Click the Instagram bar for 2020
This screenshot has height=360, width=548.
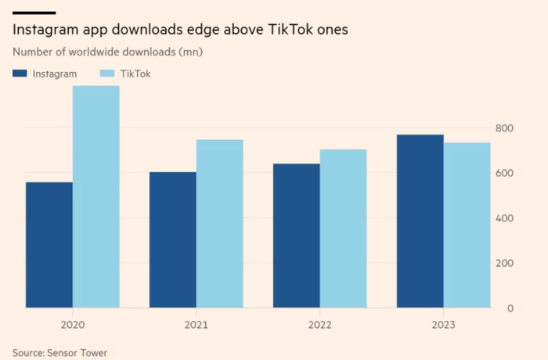(49, 245)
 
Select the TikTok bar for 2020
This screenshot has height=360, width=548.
(96, 196)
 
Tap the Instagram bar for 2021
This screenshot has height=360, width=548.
(173, 239)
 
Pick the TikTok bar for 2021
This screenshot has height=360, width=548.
(219, 224)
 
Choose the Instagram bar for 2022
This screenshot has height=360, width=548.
(297, 236)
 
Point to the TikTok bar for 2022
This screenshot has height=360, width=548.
(343, 229)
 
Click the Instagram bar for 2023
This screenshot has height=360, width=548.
(420, 221)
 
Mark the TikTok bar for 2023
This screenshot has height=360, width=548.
(467, 225)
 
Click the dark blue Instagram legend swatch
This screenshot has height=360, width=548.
(20, 74)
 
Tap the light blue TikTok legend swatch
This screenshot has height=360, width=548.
(108, 74)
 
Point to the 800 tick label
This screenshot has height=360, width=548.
(505, 128)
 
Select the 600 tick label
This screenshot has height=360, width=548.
(505, 173)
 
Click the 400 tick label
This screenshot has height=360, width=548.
(505, 218)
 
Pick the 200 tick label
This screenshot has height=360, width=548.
(505, 263)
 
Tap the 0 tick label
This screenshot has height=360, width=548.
(510, 308)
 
